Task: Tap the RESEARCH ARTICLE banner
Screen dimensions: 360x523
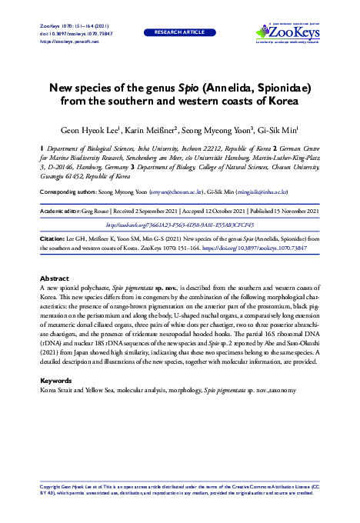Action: point(179,34)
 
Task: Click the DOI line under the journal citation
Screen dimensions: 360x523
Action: point(73,35)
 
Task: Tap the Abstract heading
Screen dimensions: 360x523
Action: point(55,277)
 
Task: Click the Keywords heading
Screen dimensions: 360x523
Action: point(56,380)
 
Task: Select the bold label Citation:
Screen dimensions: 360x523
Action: point(54,239)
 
